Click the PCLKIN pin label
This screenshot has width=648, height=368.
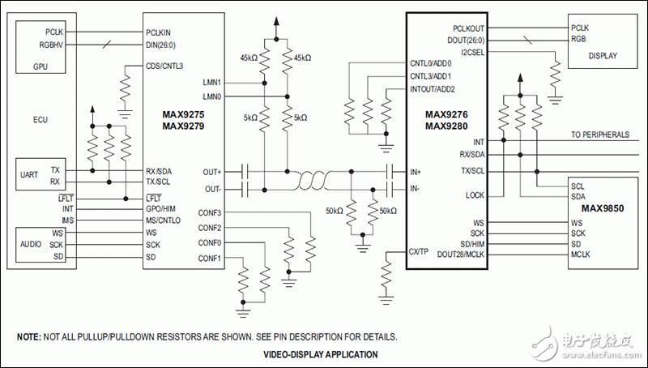click(x=162, y=32)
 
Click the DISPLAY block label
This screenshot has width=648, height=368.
click(x=603, y=56)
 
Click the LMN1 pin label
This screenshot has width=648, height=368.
click(x=212, y=83)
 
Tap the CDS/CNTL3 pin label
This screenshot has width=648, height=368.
click(x=166, y=66)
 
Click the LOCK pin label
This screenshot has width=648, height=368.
click(x=475, y=195)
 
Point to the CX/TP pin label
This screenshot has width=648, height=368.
click(x=420, y=252)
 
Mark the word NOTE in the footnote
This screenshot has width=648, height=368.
click(x=29, y=336)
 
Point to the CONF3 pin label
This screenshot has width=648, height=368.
click(x=211, y=213)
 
